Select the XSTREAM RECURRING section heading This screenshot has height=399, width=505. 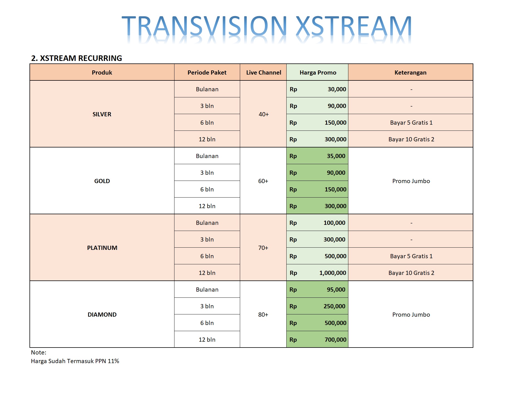point(77,58)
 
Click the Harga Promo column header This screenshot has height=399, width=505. point(318,73)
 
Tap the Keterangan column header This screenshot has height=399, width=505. point(410,73)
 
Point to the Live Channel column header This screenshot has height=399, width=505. point(263,73)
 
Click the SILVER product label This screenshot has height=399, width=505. point(102,114)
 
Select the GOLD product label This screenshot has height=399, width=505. point(102,181)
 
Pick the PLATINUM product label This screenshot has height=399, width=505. point(102,248)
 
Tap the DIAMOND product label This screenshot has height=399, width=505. point(102,315)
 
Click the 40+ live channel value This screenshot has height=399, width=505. point(264,114)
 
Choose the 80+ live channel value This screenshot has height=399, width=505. point(263,315)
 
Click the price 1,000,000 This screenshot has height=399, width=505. point(333,273)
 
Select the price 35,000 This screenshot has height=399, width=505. point(336,156)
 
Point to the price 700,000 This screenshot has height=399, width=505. point(336,340)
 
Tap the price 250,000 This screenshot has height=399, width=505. point(334,306)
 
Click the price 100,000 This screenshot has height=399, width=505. point(334,223)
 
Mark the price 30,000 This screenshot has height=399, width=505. point(337,89)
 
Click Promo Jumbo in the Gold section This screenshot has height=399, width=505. point(411,181)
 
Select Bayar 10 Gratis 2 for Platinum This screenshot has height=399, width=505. point(411,273)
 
